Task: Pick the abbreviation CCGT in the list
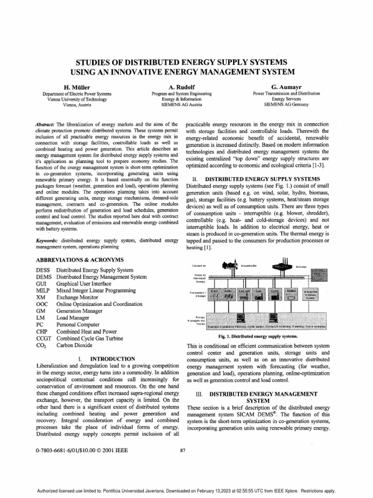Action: pos(44,338)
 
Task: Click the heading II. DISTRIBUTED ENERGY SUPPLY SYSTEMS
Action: pos(256,179)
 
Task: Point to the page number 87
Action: pos(183,450)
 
